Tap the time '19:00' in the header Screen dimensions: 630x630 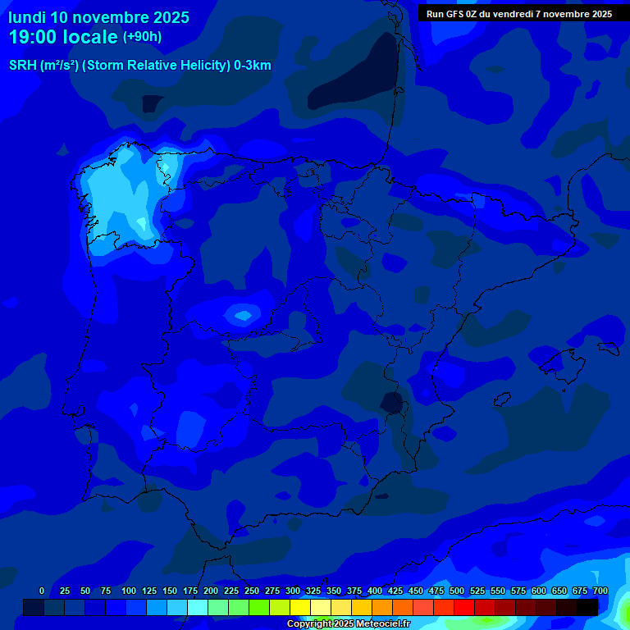click(37, 37)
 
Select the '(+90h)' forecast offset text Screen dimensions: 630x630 click(142, 37)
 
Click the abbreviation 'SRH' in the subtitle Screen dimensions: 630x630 click(23, 66)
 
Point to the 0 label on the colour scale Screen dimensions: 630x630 click(42, 591)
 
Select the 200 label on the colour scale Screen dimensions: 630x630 click(211, 591)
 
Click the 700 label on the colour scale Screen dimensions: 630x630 click(600, 591)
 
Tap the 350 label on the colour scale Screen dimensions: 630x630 click(334, 591)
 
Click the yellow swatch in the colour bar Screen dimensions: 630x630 click(300, 607)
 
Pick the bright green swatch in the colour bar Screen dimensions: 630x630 click(259, 607)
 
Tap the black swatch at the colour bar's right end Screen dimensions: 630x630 click(587, 607)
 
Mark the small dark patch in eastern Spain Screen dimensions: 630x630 click(393, 403)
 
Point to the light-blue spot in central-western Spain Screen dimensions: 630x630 click(243, 314)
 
